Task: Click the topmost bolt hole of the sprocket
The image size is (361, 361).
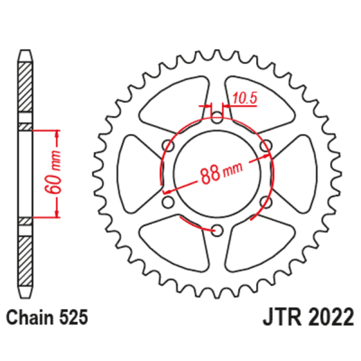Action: [217, 117]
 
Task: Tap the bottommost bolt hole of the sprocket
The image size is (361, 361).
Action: [217, 229]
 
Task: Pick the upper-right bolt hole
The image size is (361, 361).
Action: [265, 145]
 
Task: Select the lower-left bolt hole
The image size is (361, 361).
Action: [168, 200]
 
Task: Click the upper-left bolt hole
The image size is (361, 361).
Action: [168, 145]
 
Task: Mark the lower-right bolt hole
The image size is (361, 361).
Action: [265, 200]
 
